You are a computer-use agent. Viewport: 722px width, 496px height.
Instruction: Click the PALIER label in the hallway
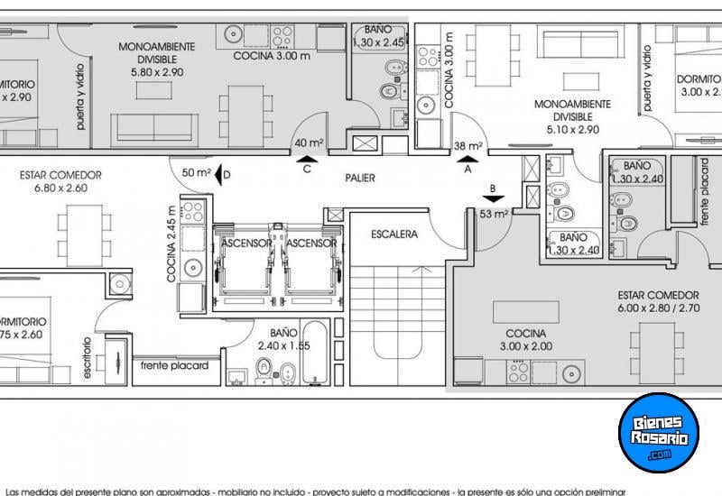(x=360, y=178)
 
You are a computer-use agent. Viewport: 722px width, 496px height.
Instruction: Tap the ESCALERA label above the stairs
(x=393, y=234)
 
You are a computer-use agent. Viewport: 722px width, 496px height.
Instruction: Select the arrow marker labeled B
(x=493, y=199)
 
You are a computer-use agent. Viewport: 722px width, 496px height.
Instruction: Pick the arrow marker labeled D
(x=221, y=172)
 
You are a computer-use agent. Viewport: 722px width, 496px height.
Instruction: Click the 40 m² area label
(x=309, y=142)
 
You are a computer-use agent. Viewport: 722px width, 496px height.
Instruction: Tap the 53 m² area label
(x=493, y=214)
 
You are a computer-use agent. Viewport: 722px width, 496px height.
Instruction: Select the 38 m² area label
(x=467, y=144)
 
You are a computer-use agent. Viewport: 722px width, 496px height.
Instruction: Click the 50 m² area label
(x=196, y=172)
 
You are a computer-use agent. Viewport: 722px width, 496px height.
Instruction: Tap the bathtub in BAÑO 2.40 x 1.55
(x=318, y=363)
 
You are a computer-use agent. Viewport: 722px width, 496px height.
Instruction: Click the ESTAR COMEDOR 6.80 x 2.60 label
(x=60, y=181)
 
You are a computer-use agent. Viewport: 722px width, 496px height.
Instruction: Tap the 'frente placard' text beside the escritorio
(x=174, y=366)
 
